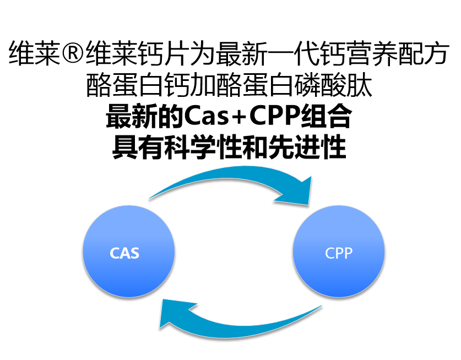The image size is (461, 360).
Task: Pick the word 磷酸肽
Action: (x=336, y=84)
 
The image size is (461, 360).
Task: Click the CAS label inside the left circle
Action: (x=124, y=253)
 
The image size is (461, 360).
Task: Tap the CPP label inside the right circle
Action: (x=338, y=254)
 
